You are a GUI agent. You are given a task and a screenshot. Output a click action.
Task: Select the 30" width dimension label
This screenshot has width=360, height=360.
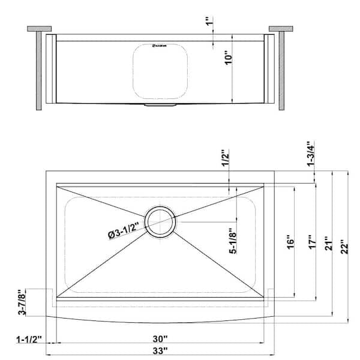160,338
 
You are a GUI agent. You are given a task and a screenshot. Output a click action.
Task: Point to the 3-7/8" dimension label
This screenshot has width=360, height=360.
22,303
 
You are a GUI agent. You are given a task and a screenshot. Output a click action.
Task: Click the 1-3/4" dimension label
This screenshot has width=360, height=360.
310,154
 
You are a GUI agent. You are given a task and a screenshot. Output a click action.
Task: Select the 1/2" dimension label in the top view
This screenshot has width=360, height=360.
226,158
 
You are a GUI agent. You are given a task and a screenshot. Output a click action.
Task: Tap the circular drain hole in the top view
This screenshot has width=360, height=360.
160,221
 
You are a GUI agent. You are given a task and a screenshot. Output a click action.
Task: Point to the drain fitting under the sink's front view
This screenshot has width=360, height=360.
160,106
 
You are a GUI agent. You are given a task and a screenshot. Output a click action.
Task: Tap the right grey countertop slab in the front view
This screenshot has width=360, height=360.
280,28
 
